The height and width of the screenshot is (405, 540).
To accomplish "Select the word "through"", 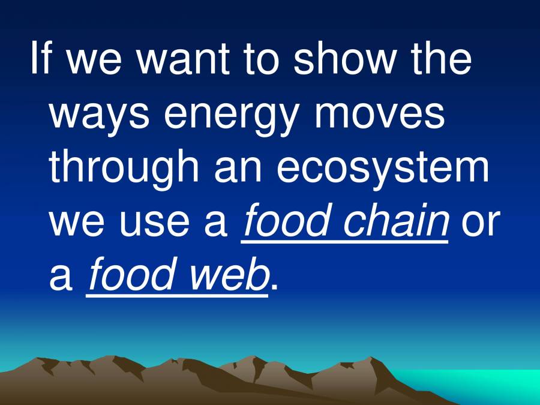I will [x=124, y=168].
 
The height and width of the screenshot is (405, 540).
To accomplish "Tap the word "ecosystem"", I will [x=382, y=168].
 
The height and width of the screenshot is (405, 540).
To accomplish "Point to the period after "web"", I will [x=275, y=288].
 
